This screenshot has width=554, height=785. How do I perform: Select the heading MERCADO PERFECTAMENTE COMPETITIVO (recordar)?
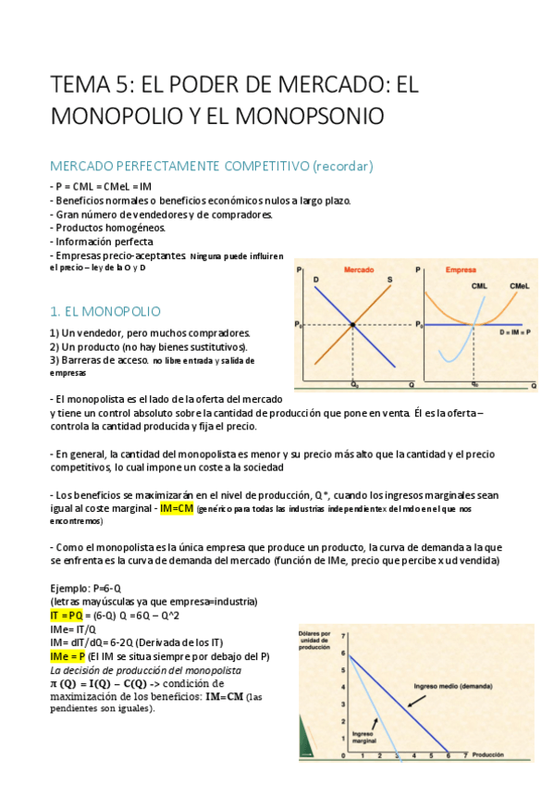point(211,167)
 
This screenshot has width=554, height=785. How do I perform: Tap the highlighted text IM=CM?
point(176,508)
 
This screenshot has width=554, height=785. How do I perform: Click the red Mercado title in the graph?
point(360,269)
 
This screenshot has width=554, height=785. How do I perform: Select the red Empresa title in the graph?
point(461,269)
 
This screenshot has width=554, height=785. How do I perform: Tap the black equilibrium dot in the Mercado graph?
point(353,324)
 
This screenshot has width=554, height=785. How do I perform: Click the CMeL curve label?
point(519,286)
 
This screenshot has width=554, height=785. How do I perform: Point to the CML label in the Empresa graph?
point(479,286)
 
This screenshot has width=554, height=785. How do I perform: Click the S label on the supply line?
point(389,280)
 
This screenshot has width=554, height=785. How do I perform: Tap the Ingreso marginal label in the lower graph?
point(363,735)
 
